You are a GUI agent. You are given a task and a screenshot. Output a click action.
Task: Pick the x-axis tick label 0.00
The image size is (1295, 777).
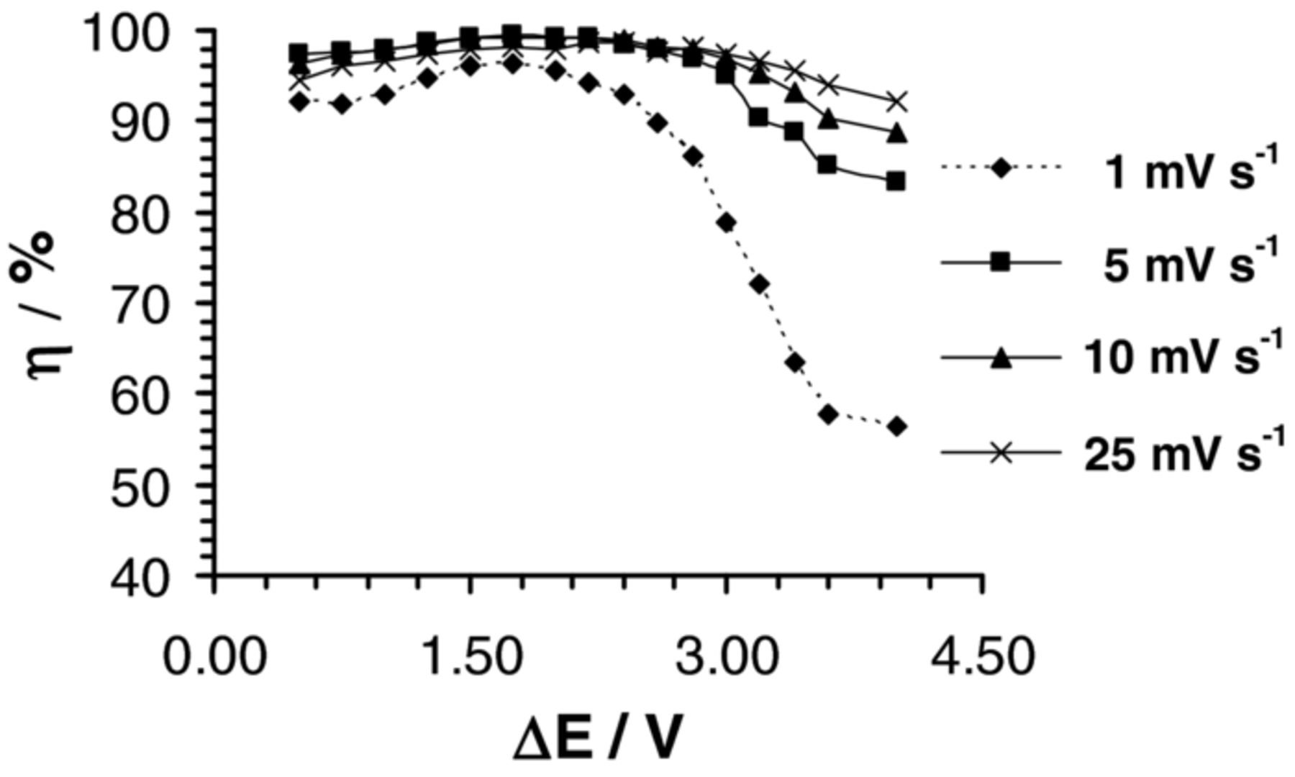[214, 656]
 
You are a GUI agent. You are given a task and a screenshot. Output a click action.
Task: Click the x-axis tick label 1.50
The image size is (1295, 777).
[470, 656]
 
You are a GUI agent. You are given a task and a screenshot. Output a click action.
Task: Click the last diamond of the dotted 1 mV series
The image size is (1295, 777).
[896, 427]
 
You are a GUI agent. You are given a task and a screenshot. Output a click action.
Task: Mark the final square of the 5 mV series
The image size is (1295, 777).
[896, 181]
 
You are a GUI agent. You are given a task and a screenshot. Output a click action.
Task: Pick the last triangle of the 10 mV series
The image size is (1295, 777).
[896, 133]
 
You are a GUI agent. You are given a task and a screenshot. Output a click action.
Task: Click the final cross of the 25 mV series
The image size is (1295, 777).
[896, 101]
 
